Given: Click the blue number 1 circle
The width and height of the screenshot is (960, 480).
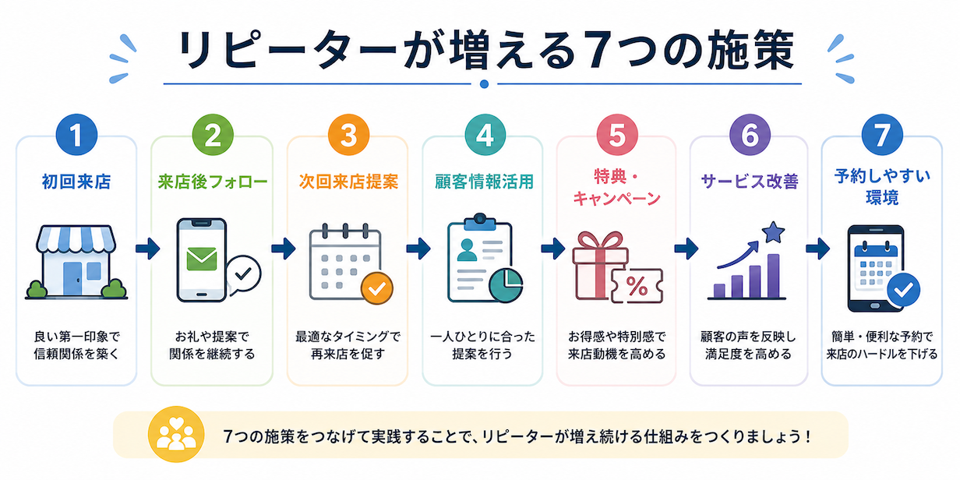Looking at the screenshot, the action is click(76, 135).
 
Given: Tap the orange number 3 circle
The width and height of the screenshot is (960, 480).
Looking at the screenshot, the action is click(348, 135).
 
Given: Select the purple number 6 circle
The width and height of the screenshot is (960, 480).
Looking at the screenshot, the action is click(750, 135).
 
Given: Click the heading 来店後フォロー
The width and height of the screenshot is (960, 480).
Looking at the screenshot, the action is click(213, 182).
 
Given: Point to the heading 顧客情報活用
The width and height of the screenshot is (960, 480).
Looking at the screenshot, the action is click(485, 182).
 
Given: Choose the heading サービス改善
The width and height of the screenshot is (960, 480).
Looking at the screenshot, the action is click(750, 182).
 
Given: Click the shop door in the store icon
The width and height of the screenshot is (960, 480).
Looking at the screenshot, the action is click(72, 279).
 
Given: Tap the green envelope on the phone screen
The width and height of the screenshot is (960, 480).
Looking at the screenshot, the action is click(202, 259).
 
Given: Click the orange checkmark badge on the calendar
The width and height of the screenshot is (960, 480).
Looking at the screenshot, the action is click(377, 288).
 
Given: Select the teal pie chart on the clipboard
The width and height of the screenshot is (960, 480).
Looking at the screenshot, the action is click(506, 285).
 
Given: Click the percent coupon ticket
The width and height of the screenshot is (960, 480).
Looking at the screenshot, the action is click(637, 286).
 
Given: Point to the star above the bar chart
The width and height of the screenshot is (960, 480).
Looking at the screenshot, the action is click(774, 233).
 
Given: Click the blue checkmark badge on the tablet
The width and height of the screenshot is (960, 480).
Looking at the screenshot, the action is click(904, 290).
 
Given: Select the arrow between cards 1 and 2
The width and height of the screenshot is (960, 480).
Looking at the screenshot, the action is click(148, 249).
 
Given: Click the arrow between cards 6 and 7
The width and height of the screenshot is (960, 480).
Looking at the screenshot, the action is click(817, 249).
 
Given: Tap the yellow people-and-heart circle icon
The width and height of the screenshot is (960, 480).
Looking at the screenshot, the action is click(176, 434).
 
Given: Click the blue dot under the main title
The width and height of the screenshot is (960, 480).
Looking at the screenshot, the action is click(485, 84).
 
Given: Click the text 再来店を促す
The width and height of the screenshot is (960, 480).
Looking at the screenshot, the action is click(348, 355).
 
